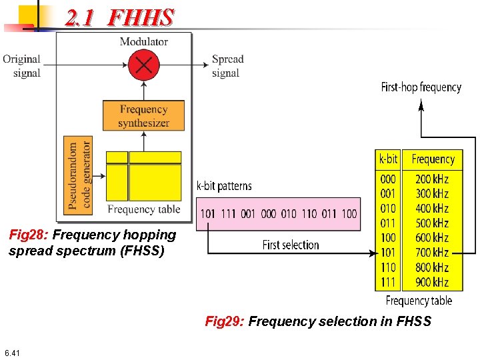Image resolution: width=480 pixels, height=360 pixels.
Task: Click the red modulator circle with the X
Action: [144, 65]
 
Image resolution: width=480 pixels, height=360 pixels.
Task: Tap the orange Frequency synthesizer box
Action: [143, 116]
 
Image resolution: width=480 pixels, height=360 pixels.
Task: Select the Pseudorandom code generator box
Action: [80, 175]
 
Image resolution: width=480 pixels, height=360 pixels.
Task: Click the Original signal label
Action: [23, 66]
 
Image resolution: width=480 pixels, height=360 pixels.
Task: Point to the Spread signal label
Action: [227, 66]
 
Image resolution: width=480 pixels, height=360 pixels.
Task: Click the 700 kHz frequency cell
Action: [432, 253]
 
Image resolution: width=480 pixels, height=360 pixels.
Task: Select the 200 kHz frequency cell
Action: [432, 179]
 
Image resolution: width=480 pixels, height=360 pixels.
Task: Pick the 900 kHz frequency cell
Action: [432, 282]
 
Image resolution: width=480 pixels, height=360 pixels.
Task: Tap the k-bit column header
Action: [388, 159]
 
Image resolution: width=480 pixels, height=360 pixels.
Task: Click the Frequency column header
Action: [433, 159]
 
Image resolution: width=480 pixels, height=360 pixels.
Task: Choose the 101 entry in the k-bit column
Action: [388, 253]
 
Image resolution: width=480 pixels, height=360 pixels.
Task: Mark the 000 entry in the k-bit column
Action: [388, 179]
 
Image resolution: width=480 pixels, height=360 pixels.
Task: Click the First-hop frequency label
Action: [421, 87]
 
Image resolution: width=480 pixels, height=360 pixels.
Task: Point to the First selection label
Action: [291, 245]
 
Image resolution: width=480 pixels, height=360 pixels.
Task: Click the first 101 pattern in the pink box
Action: [209, 214]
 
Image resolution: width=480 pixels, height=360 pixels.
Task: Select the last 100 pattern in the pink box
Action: [349, 214]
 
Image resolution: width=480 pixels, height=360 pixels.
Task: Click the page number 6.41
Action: [11, 353]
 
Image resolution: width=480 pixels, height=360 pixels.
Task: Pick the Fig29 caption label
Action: [225, 322]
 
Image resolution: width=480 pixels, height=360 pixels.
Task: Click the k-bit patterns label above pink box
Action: [224, 186]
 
